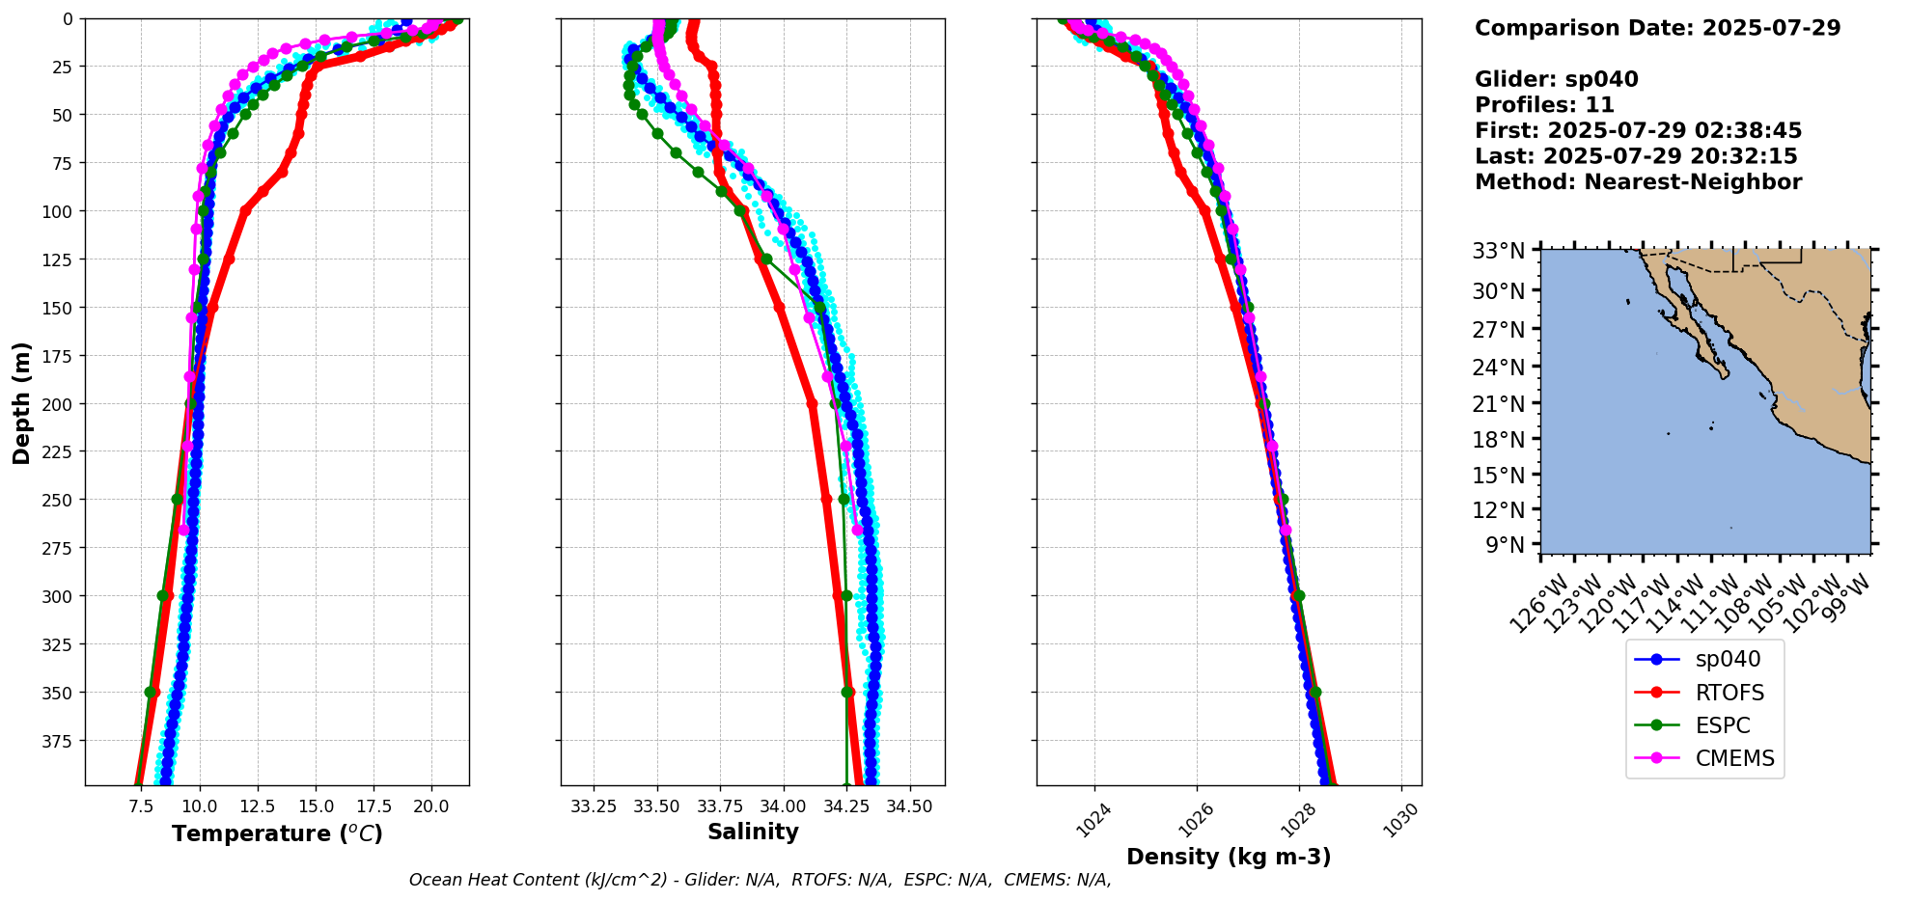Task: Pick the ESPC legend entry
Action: pos(1722,725)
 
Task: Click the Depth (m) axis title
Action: pos(21,402)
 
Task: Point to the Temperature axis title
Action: pos(277,833)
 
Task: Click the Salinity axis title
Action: pos(753,832)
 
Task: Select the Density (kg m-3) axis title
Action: pos(1229,857)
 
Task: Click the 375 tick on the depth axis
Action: pos(59,741)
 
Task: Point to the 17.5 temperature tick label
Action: pos(373,806)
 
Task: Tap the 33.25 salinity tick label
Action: pos(594,806)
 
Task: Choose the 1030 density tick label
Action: pos(1404,820)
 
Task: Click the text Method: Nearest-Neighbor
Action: pos(1638,182)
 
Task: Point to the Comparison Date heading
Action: pos(1657,28)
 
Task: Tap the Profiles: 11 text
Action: pos(1544,105)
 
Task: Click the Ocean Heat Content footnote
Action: pos(760,880)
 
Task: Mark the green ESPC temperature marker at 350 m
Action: pos(151,693)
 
